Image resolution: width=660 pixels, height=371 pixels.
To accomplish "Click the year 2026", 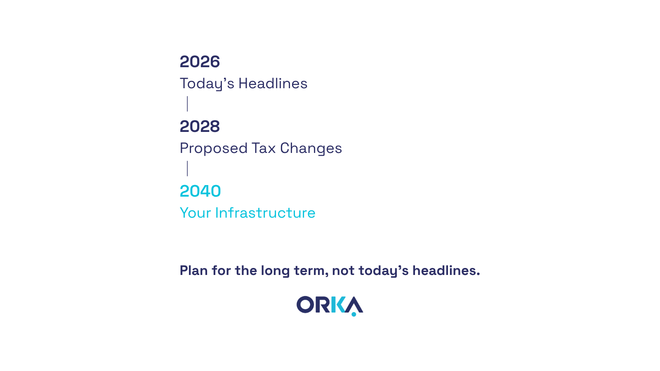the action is [200, 61].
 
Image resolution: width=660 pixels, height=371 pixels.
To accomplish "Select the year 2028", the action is [200, 126].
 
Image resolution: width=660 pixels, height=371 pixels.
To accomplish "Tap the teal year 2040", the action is [200, 191].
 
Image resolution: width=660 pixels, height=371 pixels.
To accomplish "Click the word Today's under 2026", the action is [207, 84].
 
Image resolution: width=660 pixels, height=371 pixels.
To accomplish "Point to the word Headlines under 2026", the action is [273, 83].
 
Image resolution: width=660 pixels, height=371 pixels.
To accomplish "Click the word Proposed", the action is [214, 149].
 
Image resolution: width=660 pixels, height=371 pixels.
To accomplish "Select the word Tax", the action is [264, 148].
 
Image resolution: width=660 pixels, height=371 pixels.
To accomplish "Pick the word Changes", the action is [311, 149].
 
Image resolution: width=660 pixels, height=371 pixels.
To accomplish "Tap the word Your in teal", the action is [196, 213].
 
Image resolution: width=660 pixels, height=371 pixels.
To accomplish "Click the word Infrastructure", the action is [265, 213].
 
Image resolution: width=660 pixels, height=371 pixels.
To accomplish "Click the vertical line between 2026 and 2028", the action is [187, 103].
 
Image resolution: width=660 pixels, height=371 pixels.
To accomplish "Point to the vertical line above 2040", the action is [187, 169].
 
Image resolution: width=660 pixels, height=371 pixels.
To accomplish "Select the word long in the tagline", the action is [275, 271].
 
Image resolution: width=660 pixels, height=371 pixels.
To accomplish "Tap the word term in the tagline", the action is [311, 271].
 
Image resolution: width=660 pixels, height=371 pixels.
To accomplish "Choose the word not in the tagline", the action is [343, 271].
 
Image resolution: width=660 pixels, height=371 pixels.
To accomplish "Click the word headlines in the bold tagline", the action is [446, 270].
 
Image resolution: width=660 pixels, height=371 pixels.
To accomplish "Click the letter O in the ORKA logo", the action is [305, 305].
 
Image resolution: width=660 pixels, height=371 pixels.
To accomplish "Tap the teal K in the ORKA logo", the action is [338, 305].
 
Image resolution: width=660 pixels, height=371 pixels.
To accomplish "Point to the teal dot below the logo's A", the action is [354, 314].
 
